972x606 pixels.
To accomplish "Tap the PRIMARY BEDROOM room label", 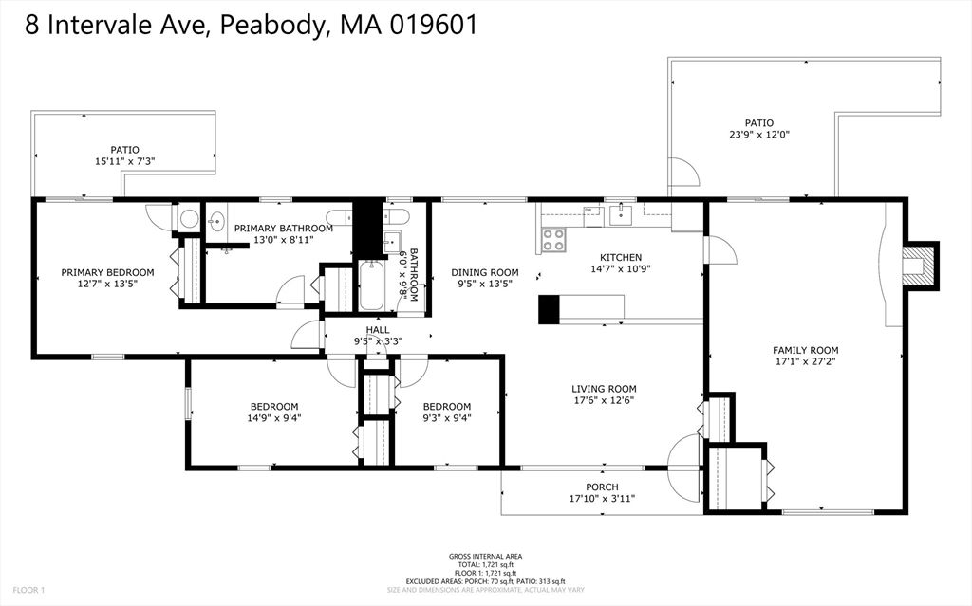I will (107, 272).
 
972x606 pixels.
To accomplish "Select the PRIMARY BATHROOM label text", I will (283, 229).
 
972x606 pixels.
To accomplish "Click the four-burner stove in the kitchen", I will (552, 241).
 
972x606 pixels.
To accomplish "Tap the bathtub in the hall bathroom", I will (373, 287).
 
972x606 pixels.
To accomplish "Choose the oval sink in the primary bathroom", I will (215, 222).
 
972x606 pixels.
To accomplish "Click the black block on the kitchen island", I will (549, 310).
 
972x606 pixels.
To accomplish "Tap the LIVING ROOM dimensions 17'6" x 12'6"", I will (604, 400).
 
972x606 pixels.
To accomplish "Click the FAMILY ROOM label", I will (805, 350).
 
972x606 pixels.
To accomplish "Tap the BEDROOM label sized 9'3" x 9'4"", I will (446, 406).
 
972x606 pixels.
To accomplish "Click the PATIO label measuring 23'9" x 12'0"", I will (758, 122).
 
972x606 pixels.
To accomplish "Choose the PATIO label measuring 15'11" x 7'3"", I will (124, 150).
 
